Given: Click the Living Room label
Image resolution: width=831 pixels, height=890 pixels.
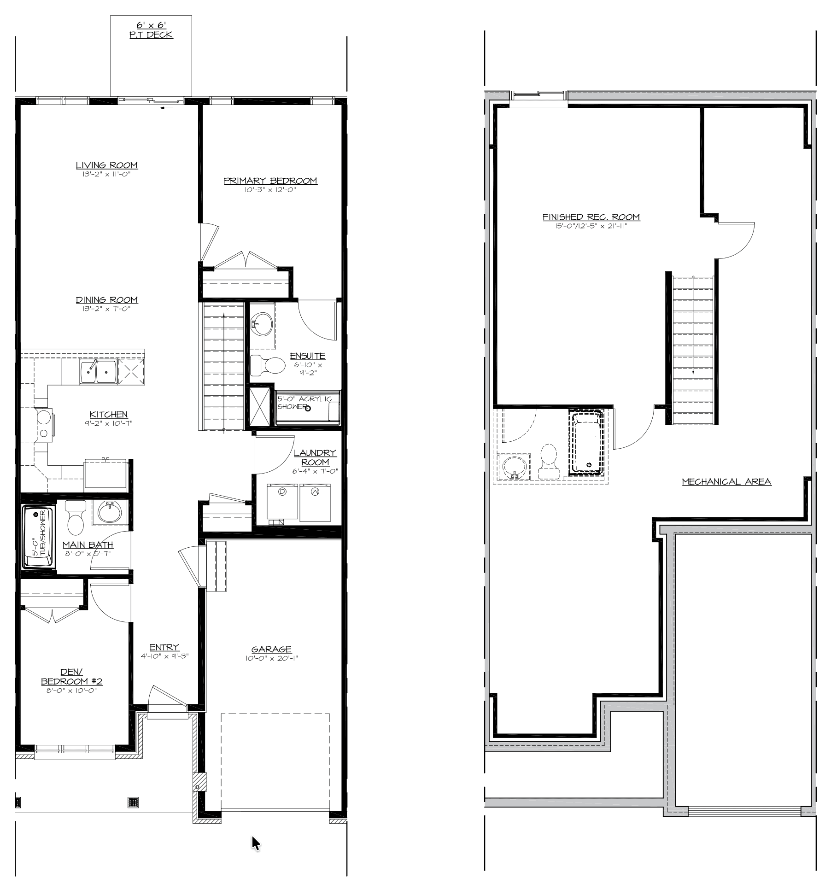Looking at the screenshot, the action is click(x=107, y=165).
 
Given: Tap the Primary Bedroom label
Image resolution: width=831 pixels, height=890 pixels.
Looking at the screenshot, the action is click(x=270, y=181).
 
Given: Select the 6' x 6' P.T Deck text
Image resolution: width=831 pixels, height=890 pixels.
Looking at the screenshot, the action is click(x=151, y=30).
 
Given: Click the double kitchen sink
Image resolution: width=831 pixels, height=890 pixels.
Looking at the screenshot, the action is click(x=98, y=371).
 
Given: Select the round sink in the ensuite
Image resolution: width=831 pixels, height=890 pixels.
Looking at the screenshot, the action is click(x=261, y=324).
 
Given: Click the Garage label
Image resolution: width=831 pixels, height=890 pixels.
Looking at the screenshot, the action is click(x=271, y=650).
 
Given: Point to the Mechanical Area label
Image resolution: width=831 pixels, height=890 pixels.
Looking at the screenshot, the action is click(x=726, y=482).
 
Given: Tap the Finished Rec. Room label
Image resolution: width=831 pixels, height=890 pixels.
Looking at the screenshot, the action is click(x=591, y=217).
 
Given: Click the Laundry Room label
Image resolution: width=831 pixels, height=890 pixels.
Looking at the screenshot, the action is click(x=315, y=457).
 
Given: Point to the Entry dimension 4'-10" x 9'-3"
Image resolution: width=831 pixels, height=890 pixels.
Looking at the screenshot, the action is click(x=165, y=656).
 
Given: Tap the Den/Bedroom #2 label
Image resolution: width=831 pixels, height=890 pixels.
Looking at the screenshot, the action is click(x=71, y=677).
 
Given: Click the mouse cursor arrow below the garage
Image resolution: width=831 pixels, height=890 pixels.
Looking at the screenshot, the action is click(x=256, y=843).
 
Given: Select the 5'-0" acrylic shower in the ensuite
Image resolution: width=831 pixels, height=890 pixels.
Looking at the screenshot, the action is click(x=308, y=408).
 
